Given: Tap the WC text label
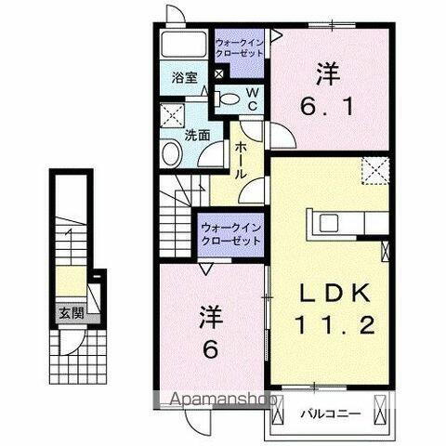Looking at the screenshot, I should [250, 97].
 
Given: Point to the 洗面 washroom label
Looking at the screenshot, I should [195, 134].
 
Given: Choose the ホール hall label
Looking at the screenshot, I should [240, 159].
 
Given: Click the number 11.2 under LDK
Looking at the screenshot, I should [337, 325].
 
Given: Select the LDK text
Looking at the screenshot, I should [337, 293].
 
